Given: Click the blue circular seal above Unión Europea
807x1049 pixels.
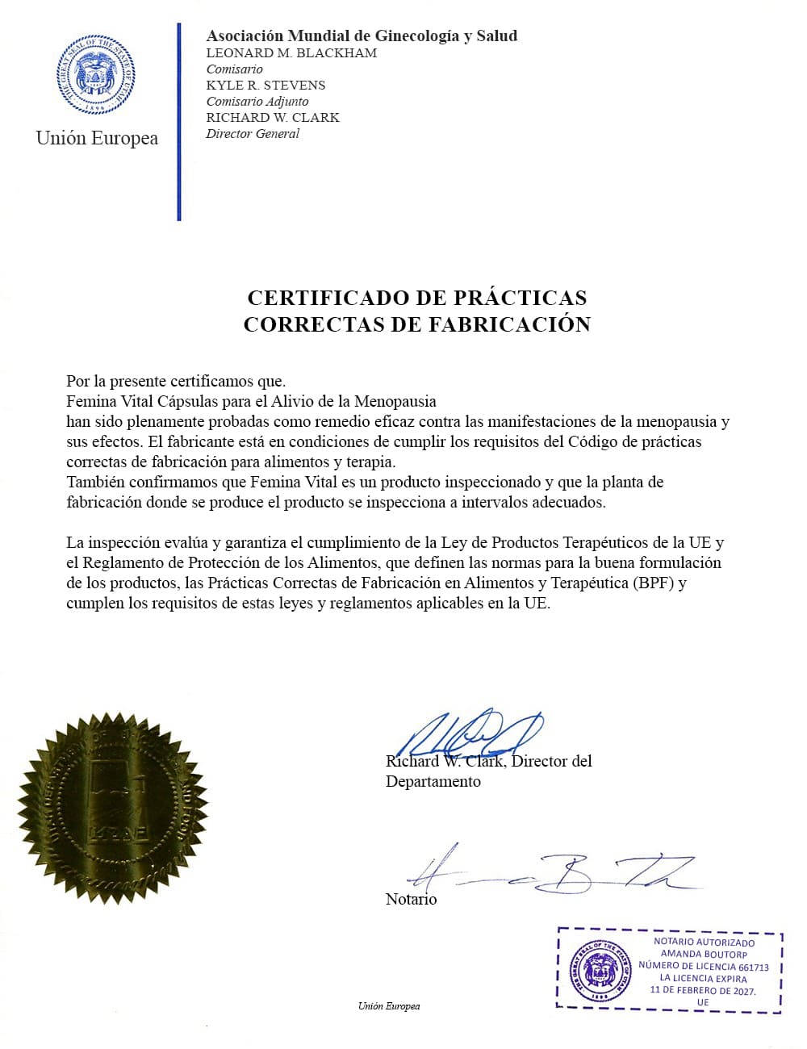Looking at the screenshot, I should pyautogui.click(x=97, y=77).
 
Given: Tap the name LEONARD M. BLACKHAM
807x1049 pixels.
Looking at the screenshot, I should pyautogui.click(x=291, y=53).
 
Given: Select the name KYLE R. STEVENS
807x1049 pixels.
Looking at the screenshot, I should pyautogui.click(x=266, y=86).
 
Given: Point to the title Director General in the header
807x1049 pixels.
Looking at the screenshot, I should pyautogui.click(x=252, y=134).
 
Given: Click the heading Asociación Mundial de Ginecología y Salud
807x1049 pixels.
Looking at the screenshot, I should pyautogui.click(x=362, y=36).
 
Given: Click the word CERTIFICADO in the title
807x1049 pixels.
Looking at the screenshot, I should pyautogui.click(x=328, y=298).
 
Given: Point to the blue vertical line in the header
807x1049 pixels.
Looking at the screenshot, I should pyautogui.click(x=179, y=121).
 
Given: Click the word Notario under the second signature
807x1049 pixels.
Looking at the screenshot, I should pyautogui.click(x=411, y=900).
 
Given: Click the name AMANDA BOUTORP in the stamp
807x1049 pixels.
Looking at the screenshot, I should pyautogui.click(x=703, y=954).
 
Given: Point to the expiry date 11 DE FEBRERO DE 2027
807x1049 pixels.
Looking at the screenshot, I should pyautogui.click(x=703, y=991).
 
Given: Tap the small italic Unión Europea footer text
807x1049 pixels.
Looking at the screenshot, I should pyautogui.click(x=389, y=1006).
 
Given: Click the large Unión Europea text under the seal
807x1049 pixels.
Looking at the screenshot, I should pyautogui.click(x=97, y=138).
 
